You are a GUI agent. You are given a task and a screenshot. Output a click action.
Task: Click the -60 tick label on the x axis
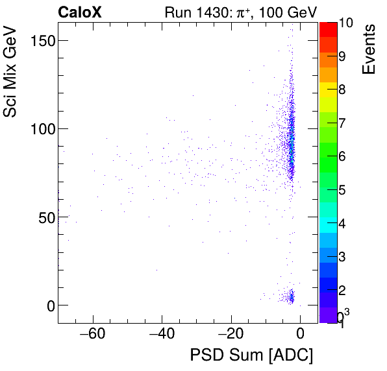(92, 335)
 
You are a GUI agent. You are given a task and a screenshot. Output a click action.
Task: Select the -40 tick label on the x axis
(162, 335)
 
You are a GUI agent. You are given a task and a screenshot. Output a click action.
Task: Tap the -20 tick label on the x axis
(231, 335)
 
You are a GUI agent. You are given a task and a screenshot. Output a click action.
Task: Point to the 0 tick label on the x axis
(300, 335)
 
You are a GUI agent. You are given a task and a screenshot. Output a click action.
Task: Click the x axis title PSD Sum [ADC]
(252, 355)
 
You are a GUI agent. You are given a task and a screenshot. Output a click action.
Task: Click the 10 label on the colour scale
(346, 23)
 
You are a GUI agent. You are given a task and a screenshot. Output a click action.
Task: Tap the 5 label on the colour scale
(342, 190)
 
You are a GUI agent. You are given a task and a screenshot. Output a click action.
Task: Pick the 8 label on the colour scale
(342, 90)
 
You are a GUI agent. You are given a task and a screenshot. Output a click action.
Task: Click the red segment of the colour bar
(328, 29)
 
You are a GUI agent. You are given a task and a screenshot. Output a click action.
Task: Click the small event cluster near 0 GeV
(290, 297)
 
